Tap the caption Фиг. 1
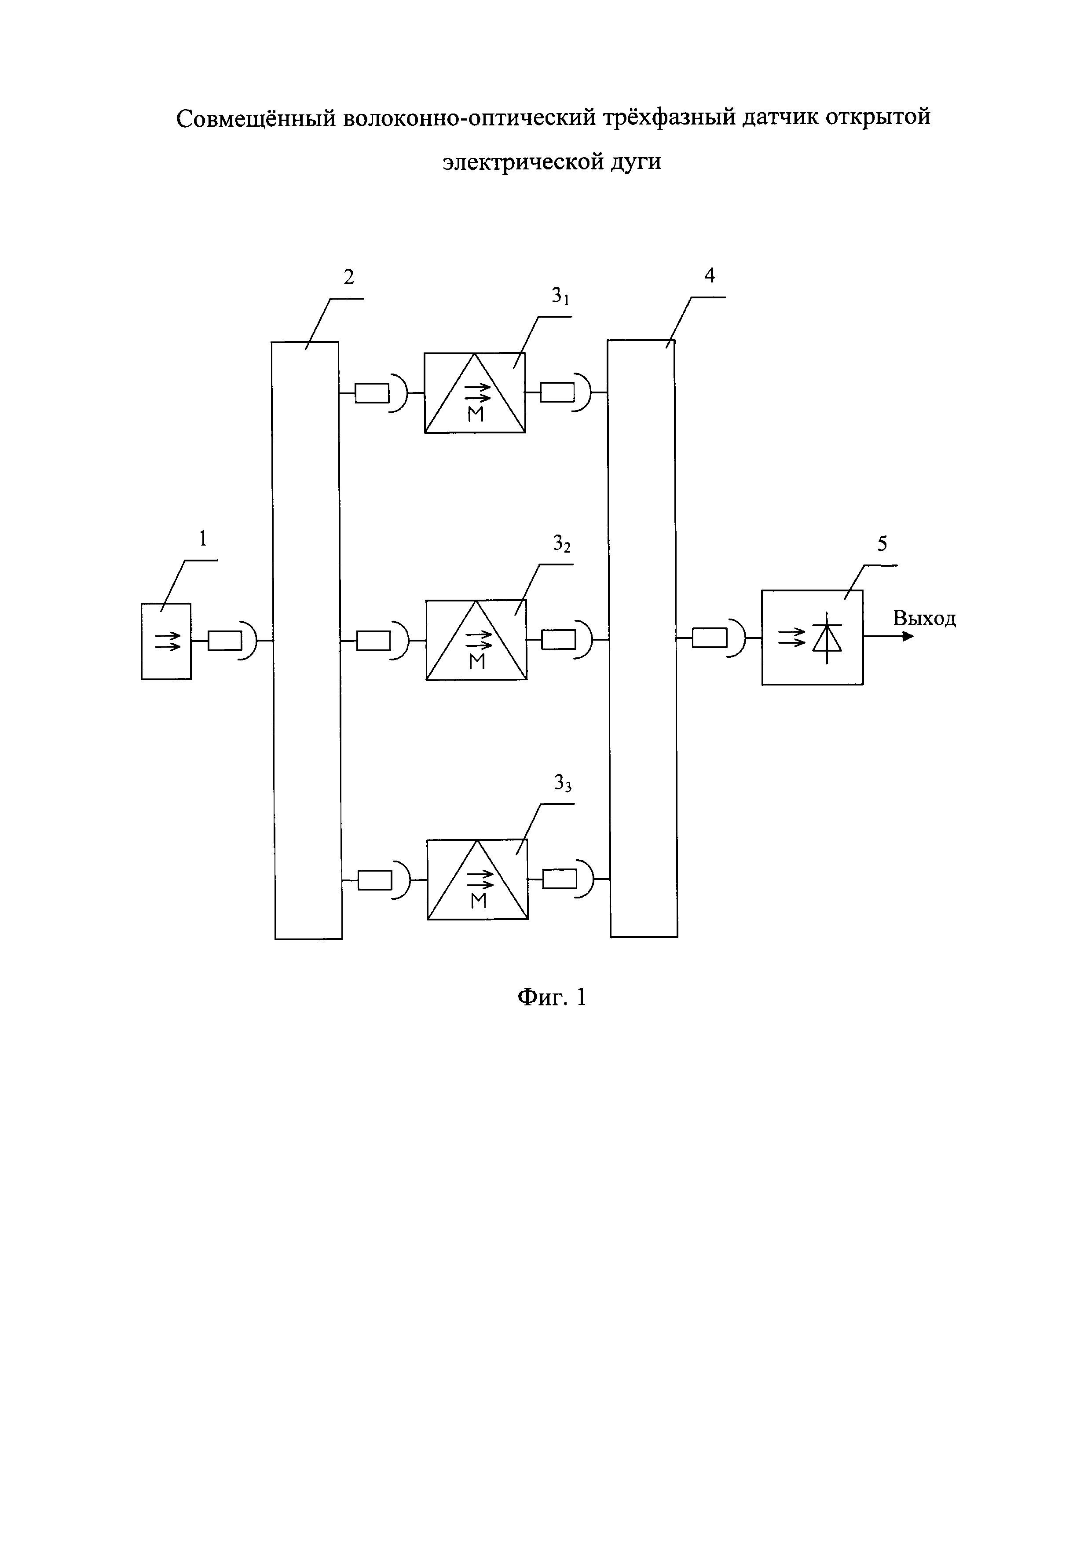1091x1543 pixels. (x=552, y=997)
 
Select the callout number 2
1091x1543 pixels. (x=349, y=277)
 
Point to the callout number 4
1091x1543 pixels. (x=710, y=275)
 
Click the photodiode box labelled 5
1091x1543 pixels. (x=812, y=637)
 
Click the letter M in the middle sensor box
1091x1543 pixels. (x=477, y=663)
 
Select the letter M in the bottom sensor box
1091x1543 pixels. (x=478, y=901)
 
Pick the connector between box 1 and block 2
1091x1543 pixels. (x=232, y=642)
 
